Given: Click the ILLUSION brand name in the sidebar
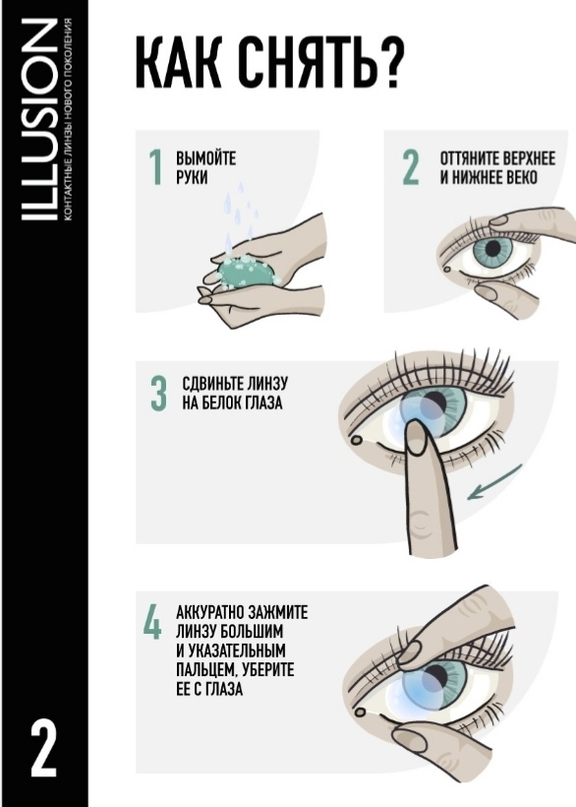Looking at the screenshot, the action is [39, 120].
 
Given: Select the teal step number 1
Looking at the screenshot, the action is [155, 167].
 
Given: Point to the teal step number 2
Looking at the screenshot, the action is [411, 167].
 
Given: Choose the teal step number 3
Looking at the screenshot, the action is [159, 394].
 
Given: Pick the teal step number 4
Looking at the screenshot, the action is [152, 622].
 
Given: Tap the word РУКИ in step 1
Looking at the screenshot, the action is [192, 177].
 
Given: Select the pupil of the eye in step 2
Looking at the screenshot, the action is [492, 249].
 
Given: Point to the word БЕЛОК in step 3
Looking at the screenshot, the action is [228, 403].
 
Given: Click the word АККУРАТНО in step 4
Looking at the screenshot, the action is [209, 612].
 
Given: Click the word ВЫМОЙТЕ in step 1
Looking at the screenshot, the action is [205, 158].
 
